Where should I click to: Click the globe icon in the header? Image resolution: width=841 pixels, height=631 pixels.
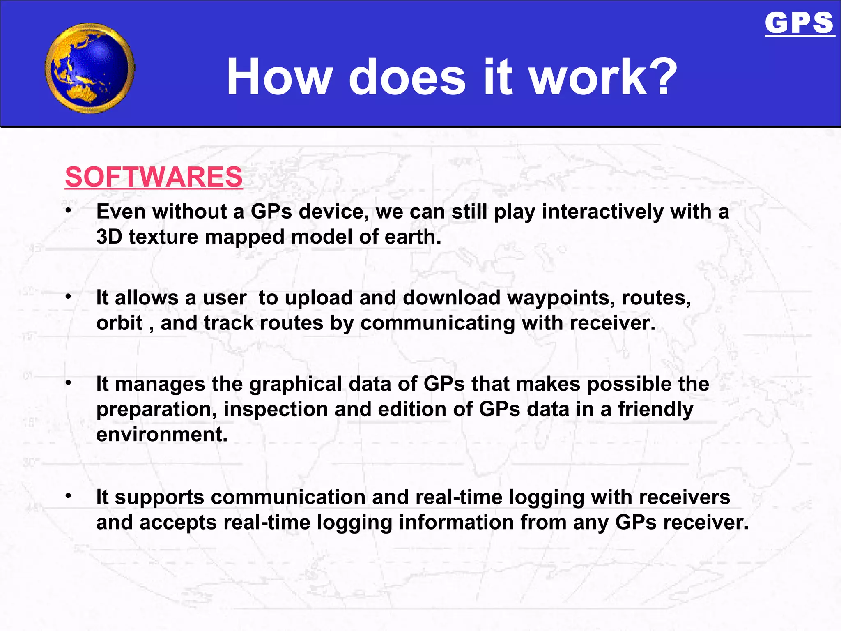(x=90, y=68)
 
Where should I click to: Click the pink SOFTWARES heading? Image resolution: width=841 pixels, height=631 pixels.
(x=154, y=177)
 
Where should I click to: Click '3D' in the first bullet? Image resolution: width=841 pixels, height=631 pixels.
(x=109, y=237)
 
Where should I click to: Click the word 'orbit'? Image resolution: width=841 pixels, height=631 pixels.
(x=119, y=323)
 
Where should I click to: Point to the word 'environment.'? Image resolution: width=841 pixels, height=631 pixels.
(x=162, y=435)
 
